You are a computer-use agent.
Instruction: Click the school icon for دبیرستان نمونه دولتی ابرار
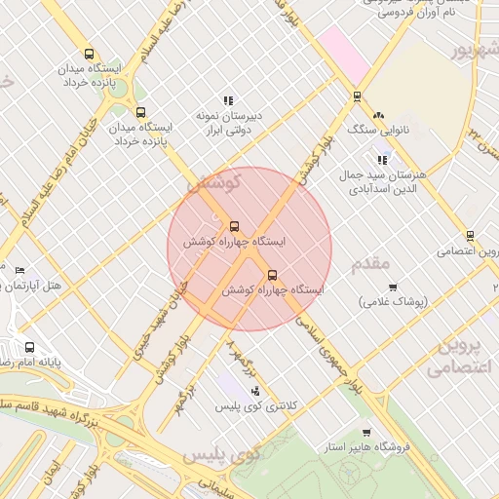click(x=228, y=99)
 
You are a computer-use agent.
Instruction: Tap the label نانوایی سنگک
click(x=375, y=129)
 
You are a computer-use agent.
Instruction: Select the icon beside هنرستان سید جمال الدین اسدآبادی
click(x=382, y=159)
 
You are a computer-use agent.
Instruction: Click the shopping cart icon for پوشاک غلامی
click(x=393, y=288)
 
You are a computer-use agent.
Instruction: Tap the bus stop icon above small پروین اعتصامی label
click(x=470, y=235)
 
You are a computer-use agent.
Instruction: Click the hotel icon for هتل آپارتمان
click(x=19, y=269)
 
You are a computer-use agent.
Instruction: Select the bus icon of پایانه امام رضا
click(x=29, y=346)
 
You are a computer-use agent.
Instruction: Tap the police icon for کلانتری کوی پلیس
click(x=255, y=391)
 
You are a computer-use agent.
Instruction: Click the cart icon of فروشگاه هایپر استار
click(x=366, y=433)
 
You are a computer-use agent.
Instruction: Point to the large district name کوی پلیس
click(x=222, y=455)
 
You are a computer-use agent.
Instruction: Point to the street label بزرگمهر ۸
click(x=240, y=358)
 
